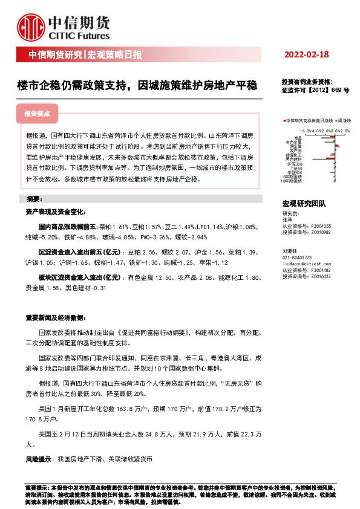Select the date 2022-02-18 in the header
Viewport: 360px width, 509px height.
click(x=306, y=55)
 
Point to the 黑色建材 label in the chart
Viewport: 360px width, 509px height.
click(x=293, y=159)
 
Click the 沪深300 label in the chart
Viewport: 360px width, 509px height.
click(x=295, y=163)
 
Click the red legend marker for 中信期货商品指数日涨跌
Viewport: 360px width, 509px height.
click(x=284, y=121)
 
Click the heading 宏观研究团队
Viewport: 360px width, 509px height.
click(x=304, y=204)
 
